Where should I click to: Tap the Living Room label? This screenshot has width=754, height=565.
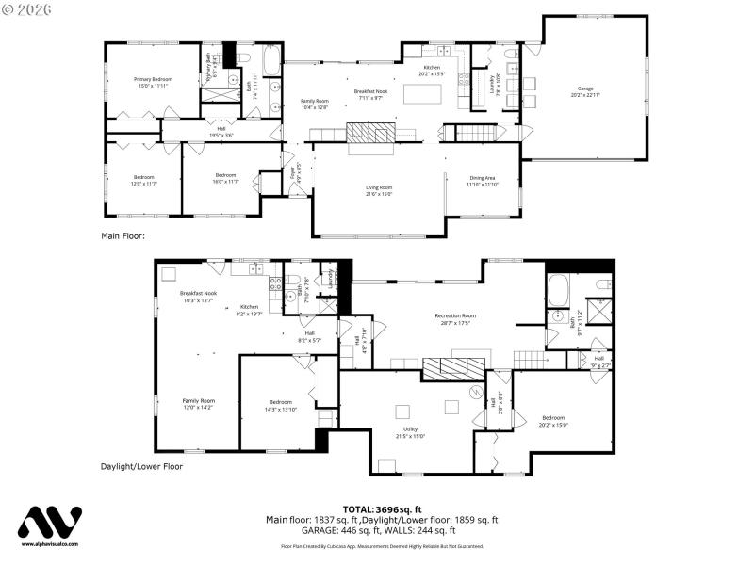(379, 191)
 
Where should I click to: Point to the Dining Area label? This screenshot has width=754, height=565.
(482, 181)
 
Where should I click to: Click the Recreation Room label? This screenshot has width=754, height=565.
(455, 318)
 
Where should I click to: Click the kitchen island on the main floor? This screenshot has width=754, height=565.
(421, 93)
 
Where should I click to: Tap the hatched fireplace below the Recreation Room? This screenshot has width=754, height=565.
(456, 368)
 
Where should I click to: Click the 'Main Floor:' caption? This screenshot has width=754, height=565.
(123, 236)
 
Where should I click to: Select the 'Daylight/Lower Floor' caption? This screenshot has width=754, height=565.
(141, 466)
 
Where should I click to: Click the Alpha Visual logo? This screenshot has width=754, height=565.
(51, 525)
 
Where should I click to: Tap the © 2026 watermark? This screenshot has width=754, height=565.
(28, 11)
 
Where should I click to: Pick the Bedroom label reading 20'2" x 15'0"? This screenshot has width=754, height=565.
(552, 420)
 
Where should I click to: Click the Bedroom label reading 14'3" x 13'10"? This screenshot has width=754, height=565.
(280, 406)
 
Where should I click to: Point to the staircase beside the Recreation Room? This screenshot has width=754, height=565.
(529, 358)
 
